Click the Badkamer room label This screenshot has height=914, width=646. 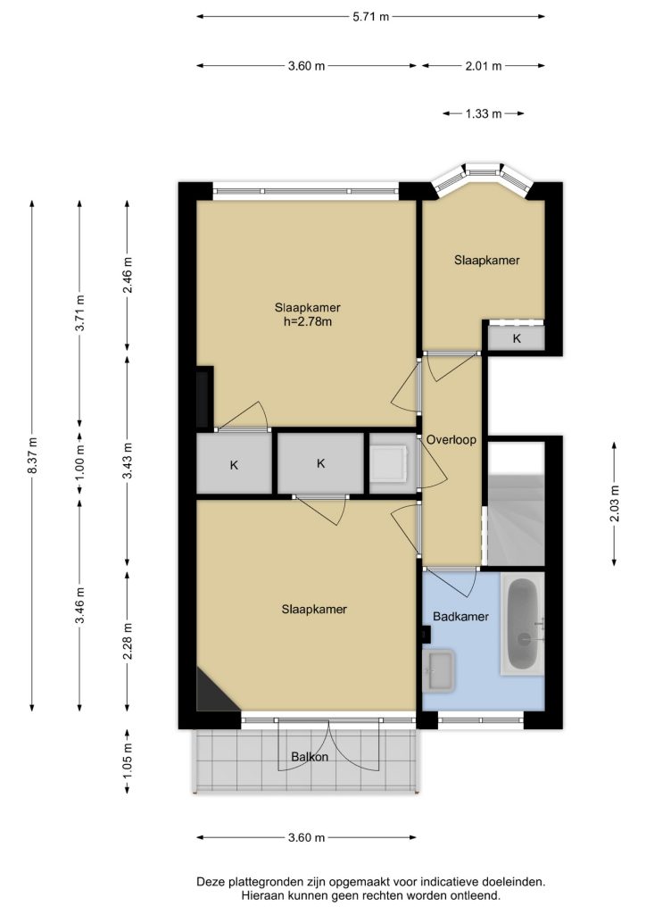pos(460,616)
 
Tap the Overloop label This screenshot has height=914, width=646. pos(451,439)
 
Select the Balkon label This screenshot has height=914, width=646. pos(310,757)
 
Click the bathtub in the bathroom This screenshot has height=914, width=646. pos(522,624)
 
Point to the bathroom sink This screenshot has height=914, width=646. pos(439,670)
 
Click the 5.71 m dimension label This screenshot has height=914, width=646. pos(370,17)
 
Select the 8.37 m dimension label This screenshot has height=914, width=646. pos(33,455)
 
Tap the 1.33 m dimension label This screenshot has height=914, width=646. pos(484,113)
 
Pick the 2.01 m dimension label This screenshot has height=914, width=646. pos(484,66)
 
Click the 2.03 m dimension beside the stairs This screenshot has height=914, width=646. pos(615,503)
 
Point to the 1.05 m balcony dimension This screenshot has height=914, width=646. pos(128,761)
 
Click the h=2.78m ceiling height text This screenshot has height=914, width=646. pos(308,321)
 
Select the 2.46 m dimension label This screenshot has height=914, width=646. pos(128,275)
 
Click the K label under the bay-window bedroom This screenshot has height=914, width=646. pos(517,338)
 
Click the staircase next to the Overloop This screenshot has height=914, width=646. pos(516,503)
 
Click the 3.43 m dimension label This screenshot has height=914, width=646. pos(128,461)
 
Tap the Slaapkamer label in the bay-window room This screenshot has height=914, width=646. pos(487,261)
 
